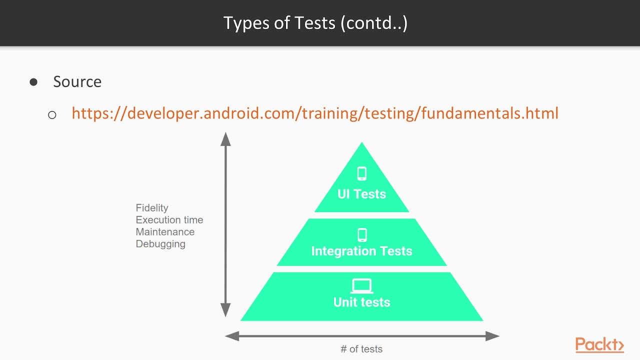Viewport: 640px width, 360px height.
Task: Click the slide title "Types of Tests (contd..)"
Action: click(315, 23)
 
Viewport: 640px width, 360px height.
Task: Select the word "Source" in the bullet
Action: click(77, 81)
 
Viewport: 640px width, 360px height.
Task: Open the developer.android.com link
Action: click(315, 113)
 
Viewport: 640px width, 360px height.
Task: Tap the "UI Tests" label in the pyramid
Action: click(361, 194)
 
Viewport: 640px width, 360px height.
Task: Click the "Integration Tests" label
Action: click(361, 251)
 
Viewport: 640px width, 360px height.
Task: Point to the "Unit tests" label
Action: click(361, 302)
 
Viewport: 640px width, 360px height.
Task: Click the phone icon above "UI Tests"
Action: click(362, 173)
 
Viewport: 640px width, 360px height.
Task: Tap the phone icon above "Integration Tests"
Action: click(362, 234)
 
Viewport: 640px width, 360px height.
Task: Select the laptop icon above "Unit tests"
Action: click(362, 286)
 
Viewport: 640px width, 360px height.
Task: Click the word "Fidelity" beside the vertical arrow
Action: click(152, 208)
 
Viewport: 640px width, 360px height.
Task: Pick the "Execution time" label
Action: click(169, 220)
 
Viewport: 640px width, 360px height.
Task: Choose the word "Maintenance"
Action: click(165, 232)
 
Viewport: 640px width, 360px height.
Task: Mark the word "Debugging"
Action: click(160, 244)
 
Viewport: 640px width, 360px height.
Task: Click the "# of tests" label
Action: click(361, 349)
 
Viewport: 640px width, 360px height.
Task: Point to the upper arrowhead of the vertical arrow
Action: click(226, 138)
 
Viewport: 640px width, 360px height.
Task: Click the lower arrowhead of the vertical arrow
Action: click(226, 310)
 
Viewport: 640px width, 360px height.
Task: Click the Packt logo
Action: click(599, 344)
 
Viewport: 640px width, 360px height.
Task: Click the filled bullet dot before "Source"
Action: click(33, 82)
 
